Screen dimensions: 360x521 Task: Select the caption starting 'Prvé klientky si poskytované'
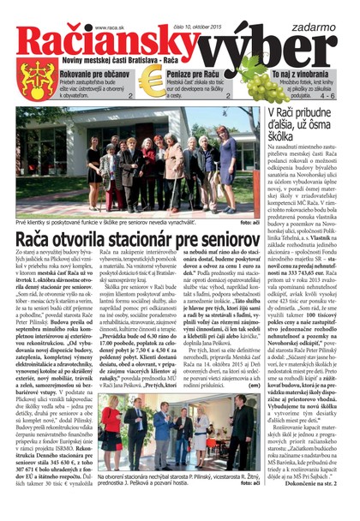(111, 221)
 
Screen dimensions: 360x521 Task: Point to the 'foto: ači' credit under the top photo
(248, 221)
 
